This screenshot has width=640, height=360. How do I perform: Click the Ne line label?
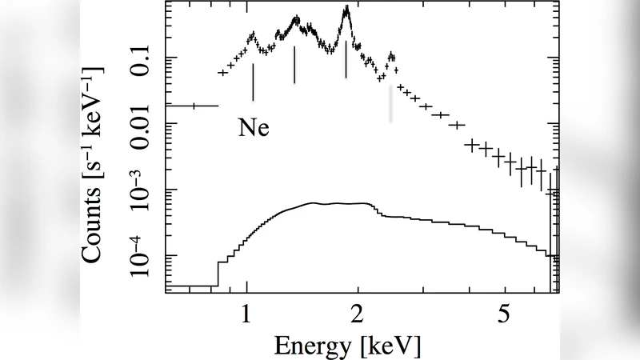point(253,128)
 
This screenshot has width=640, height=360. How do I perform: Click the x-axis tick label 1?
point(248,313)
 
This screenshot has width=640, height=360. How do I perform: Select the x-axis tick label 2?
point(358,313)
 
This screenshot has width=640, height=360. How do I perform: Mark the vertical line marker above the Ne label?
point(253,82)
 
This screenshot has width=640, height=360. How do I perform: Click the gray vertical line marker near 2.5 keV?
point(391,103)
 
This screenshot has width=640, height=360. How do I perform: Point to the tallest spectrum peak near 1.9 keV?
point(346,10)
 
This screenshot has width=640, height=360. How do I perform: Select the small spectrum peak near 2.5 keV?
point(391,56)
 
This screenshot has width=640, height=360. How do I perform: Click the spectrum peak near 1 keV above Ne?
point(253,35)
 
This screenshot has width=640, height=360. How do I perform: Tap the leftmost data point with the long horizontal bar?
point(194,105)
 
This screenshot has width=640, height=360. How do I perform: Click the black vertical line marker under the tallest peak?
point(346,59)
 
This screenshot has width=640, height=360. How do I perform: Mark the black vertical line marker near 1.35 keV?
point(295,65)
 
